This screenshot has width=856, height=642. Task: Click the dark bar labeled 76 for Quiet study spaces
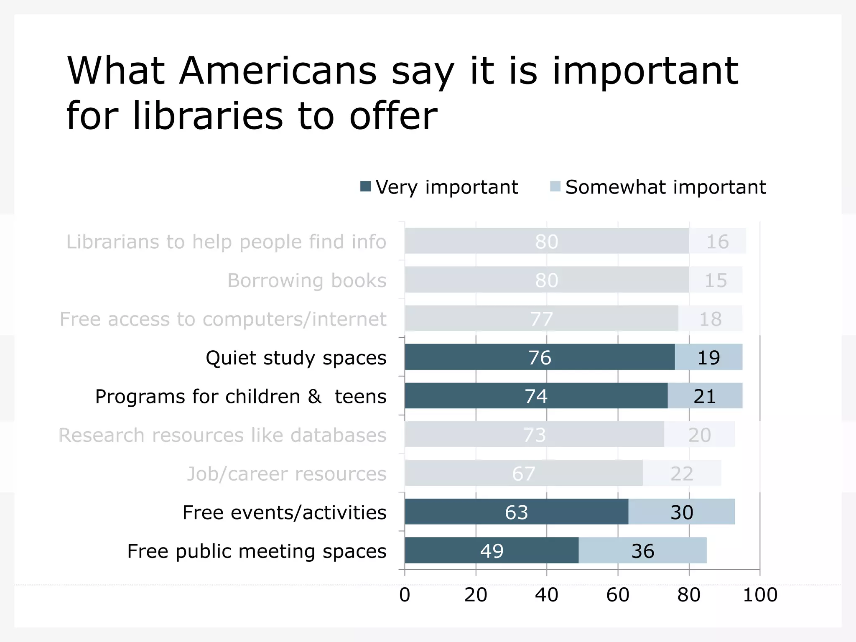click(539, 357)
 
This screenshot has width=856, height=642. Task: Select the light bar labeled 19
click(708, 357)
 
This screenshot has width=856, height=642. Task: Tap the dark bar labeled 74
click(536, 396)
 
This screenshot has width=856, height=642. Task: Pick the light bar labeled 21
click(705, 396)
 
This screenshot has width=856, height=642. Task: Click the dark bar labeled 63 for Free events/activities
click(516, 512)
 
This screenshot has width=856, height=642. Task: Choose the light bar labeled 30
click(682, 512)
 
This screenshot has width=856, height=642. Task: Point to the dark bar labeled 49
click(492, 550)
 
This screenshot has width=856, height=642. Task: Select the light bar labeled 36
click(642, 550)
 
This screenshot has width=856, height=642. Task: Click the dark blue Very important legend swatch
click(366, 186)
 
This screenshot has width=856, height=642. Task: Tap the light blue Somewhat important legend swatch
click(555, 186)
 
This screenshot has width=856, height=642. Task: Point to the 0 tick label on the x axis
click(405, 595)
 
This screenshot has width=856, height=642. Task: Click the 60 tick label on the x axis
click(618, 595)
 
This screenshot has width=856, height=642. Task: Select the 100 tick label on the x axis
click(760, 595)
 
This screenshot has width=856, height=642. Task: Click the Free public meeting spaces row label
click(257, 551)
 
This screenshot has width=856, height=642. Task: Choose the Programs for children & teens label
click(241, 396)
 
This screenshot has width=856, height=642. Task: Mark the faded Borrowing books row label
click(307, 280)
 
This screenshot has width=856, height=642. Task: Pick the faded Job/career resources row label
click(286, 474)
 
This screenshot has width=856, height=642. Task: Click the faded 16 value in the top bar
click(717, 242)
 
